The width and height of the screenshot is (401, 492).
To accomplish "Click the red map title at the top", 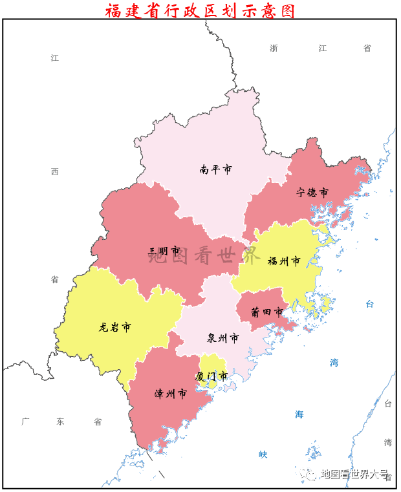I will pyautogui.click(x=200, y=10).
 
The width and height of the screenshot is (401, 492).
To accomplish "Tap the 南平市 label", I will pyautogui.click(x=216, y=170).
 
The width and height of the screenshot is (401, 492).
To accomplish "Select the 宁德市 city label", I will pyautogui.click(x=312, y=193).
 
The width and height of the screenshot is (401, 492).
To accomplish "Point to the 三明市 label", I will pyautogui.click(x=164, y=251).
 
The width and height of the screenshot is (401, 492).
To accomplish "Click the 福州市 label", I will pyautogui.click(x=284, y=262).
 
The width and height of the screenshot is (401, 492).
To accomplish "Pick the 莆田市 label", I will pyautogui.click(x=267, y=312).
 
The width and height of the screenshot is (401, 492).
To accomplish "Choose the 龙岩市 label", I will pyautogui.click(x=115, y=327).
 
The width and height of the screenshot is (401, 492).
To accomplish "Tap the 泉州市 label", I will pyautogui.click(x=223, y=338).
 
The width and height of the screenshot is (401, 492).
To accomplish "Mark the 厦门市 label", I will pyautogui.click(x=211, y=376).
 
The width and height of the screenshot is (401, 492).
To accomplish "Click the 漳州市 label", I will pyautogui.click(x=171, y=394).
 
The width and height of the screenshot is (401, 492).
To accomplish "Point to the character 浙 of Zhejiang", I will pyautogui.click(x=274, y=48).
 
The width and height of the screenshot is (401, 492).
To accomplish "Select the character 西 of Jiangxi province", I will pyautogui.click(x=55, y=172).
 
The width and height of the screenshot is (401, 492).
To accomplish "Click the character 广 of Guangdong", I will pyautogui.click(x=25, y=422).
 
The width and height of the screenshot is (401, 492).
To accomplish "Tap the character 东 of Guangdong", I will pyautogui.click(x=61, y=422).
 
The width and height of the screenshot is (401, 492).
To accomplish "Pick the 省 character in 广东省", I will pyautogui.click(x=98, y=422).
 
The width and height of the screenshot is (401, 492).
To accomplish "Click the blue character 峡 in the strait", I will pyautogui.click(x=263, y=455).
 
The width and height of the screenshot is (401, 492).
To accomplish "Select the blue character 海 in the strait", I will pyautogui.click(x=299, y=414).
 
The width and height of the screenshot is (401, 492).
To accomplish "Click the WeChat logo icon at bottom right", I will pyautogui.click(x=312, y=475).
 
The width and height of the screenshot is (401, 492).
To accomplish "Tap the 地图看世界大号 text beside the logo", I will pyautogui.click(x=354, y=475).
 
